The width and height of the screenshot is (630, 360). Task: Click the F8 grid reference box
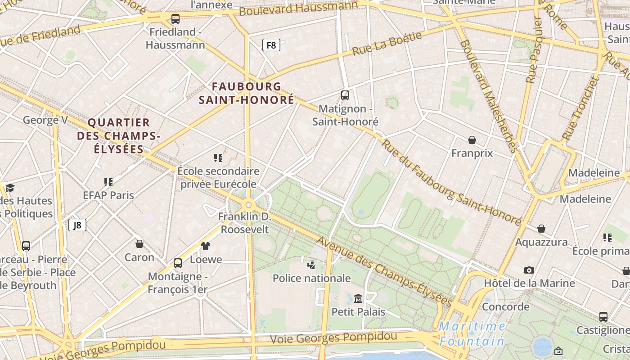(x=271, y=45)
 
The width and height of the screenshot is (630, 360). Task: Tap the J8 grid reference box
(x=77, y=225)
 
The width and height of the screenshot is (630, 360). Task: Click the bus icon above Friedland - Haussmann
(x=175, y=19)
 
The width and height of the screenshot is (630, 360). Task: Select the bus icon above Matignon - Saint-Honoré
(x=345, y=95)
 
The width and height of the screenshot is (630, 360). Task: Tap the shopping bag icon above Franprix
(x=472, y=140)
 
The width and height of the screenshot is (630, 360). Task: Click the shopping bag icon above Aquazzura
(x=541, y=229)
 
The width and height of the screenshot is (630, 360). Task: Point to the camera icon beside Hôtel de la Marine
(x=529, y=270)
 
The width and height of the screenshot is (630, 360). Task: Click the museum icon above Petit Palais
(x=358, y=298)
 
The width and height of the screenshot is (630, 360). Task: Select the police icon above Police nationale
(x=311, y=265)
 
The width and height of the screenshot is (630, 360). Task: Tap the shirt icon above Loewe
(x=206, y=246)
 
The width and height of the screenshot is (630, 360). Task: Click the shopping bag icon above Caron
(x=139, y=244)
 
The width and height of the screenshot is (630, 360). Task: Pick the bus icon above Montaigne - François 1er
(x=178, y=263)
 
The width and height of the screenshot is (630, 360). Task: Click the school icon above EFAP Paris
(x=108, y=182)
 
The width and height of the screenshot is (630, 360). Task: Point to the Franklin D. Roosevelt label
(x=244, y=223)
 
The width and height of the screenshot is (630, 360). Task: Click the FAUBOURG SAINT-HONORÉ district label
(x=247, y=93)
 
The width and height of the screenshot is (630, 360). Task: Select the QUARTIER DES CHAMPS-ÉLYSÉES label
(x=118, y=135)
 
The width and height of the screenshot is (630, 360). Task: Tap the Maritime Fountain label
(x=472, y=333)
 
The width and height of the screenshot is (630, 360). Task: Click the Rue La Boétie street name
(x=387, y=44)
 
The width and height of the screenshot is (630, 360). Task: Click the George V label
(x=45, y=120)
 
